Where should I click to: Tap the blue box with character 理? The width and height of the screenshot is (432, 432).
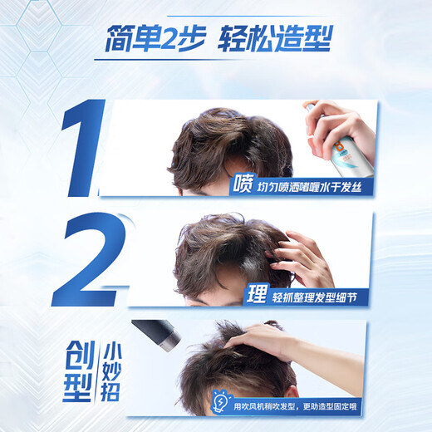point(258,295)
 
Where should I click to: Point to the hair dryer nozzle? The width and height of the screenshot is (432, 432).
point(157,335)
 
